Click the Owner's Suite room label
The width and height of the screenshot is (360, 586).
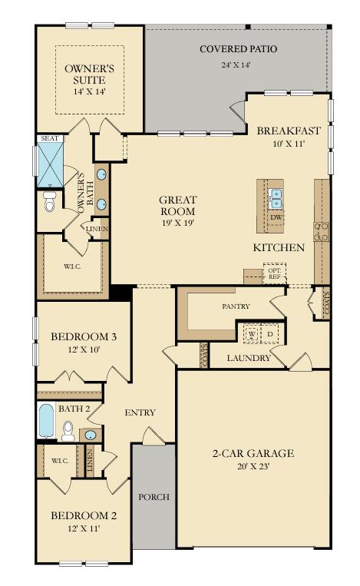(x=89, y=74)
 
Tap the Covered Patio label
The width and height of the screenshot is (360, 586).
(x=238, y=49)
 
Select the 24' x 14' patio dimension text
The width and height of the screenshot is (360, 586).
(x=237, y=64)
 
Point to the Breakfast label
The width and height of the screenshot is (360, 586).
(x=288, y=130)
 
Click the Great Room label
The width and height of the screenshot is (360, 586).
(x=177, y=205)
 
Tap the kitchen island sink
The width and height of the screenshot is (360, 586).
(x=275, y=199)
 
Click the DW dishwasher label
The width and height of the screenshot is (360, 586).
(x=276, y=217)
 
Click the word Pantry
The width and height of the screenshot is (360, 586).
(x=236, y=306)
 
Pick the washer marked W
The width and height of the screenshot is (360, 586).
(x=251, y=335)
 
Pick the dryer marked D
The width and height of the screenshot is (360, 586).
(x=270, y=335)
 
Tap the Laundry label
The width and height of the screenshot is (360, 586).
(x=249, y=358)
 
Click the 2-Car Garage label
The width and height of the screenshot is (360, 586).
(x=253, y=452)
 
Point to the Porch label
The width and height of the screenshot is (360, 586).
(x=154, y=496)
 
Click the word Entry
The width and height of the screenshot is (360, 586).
(x=140, y=412)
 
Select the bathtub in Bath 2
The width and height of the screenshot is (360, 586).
(x=46, y=420)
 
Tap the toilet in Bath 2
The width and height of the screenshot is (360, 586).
(x=68, y=430)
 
